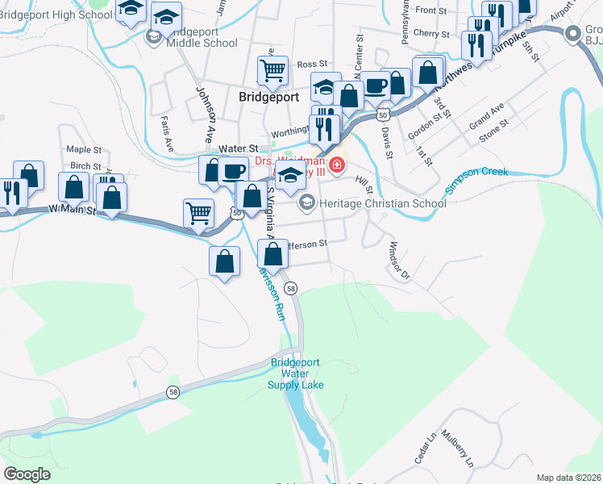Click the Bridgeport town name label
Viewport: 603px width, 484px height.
269,95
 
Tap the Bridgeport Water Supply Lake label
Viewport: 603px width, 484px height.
296,373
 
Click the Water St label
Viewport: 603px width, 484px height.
238,149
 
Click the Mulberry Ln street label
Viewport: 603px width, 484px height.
461,453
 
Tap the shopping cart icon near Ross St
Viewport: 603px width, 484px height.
273,70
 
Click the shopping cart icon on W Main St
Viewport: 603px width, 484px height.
198,213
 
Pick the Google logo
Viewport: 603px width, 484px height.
27,474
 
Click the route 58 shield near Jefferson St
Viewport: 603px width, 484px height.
291,288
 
